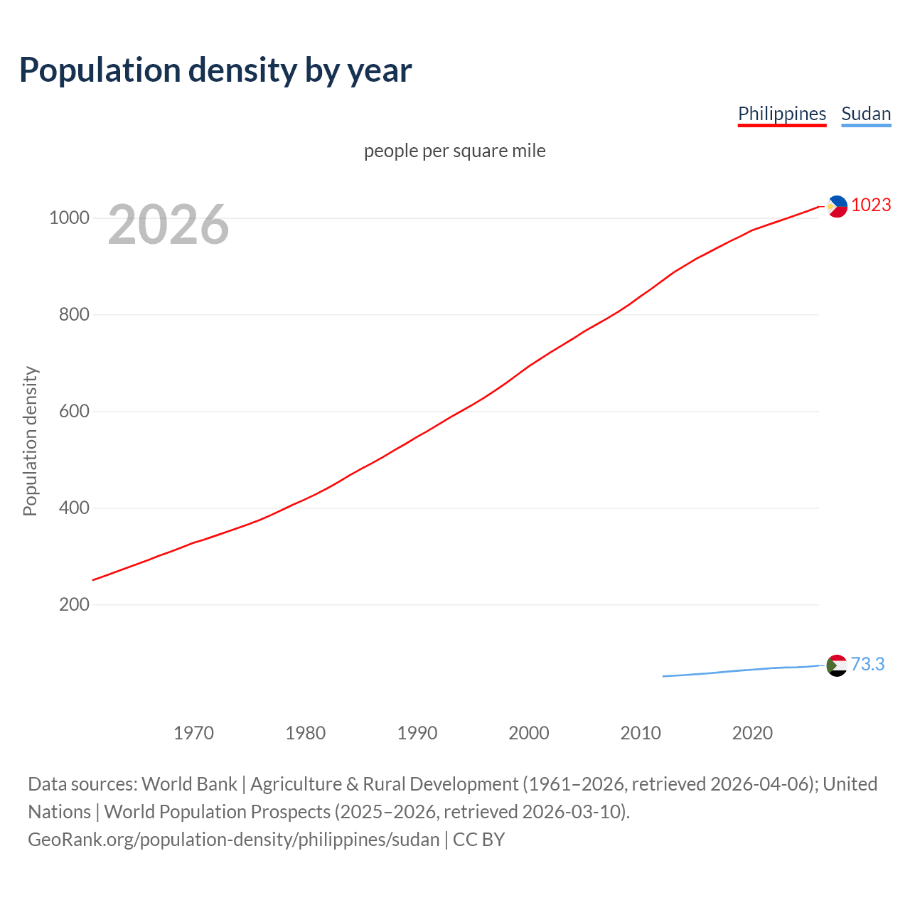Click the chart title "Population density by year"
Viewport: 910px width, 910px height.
click(215, 70)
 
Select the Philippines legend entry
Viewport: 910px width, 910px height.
click(781, 114)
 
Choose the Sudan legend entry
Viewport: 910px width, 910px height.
click(865, 114)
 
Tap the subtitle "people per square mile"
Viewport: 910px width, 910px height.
click(454, 151)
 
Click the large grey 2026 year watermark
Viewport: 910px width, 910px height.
click(168, 225)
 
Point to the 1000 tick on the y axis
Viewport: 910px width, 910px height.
click(69, 218)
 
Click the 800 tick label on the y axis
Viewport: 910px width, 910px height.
click(74, 315)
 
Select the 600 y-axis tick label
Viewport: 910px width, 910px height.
click(74, 412)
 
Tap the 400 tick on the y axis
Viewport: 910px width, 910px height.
click(74, 508)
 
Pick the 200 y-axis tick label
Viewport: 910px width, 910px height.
click(74, 605)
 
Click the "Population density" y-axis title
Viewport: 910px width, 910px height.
click(30, 441)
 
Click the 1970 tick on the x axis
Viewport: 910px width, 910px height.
click(193, 733)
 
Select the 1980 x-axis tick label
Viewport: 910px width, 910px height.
click(305, 733)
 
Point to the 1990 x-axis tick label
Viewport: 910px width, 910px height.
click(417, 733)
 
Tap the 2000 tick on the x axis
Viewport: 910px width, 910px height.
click(529, 733)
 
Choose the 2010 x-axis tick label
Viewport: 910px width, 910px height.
click(641, 733)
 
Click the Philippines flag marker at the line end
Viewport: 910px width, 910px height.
click(837, 206)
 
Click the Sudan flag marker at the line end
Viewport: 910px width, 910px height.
click(837, 665)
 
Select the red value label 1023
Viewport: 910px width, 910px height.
click(871, 205)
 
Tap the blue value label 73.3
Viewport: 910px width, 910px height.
click(867, 665)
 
